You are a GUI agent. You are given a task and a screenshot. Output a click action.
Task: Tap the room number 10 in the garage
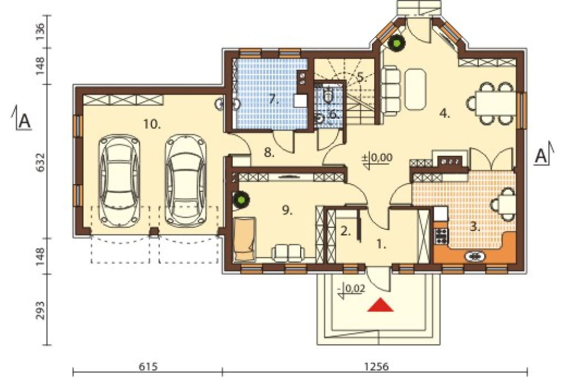point(152,124)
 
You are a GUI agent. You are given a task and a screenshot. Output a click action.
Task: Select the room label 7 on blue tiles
point(274,100)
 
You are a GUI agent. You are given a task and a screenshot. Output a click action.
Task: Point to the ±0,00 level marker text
point(377,158)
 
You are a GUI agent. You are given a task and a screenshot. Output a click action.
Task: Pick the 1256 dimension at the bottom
point(376,366)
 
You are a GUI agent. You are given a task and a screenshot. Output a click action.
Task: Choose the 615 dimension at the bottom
point(148,366)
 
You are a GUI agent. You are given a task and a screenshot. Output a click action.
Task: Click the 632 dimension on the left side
point(41,162)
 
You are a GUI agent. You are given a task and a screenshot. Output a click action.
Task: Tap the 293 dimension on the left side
point(41,310)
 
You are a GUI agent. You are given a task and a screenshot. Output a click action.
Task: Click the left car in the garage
point(119,180)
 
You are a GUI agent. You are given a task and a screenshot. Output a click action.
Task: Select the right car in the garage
point(186,180)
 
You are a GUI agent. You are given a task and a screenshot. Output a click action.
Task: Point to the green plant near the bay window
point(397,43)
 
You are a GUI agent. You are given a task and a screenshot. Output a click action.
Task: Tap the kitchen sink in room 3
point(475,256)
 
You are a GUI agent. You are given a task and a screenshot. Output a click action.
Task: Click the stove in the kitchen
point(441,236)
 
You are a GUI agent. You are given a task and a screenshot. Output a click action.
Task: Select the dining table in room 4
point(492,103)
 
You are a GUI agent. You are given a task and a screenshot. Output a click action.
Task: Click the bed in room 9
point(245,239)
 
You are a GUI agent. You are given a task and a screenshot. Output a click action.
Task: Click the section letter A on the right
point(541,156)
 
